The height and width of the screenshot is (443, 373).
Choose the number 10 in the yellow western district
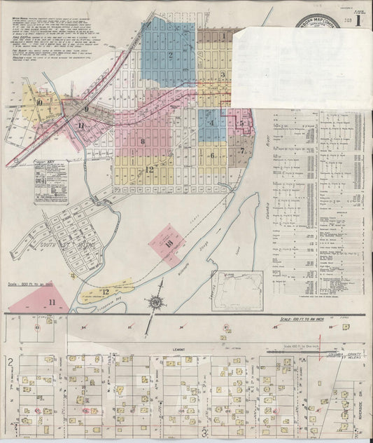click(x=39, y=102)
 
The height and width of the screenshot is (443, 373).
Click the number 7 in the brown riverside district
click(x=241, y=150)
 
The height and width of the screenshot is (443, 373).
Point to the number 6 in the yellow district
click(x=212, y=156)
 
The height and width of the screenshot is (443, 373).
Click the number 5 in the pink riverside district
click(x=241, y=124)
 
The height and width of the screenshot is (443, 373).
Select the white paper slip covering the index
click(x=301, y=67)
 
